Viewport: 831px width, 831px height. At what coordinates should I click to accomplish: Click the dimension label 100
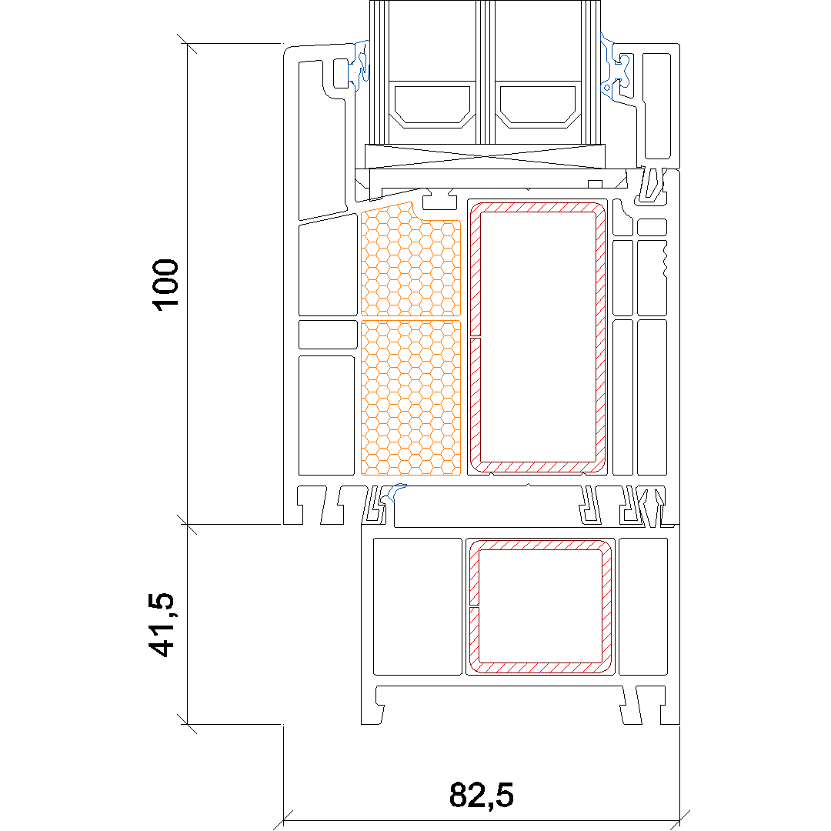(x=165, y=285)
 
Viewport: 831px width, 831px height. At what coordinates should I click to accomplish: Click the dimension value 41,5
(x=161, y=625)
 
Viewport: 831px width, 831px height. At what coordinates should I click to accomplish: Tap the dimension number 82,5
(x=481, y=795)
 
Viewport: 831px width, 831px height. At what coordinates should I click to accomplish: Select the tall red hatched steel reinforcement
(x=538, y=338)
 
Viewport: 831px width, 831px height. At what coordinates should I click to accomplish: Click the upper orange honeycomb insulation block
(x=411, y=260)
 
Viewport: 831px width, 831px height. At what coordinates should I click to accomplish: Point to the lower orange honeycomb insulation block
(x=411, y=398)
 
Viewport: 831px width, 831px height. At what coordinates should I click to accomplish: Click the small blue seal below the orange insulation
(x=396, y=492)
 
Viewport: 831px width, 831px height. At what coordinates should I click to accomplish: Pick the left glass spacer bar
(x=432, y=105)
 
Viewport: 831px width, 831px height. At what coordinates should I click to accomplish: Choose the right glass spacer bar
(x=538, y=105)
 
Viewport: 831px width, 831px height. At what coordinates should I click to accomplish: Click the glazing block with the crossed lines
(x=485, y=156)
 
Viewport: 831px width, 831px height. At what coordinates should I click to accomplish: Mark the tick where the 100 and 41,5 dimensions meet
(x=187, y=524)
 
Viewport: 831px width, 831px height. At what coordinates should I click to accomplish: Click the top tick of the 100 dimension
(x=187, y=43)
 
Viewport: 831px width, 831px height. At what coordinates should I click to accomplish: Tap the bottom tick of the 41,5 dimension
(x=187, y=724)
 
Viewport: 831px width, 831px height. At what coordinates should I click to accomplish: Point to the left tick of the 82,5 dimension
(x=283, y=820)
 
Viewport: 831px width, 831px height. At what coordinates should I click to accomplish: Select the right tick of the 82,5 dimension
(x=679, y=820)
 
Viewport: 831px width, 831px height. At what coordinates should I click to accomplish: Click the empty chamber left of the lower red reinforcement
(x=418, y=607)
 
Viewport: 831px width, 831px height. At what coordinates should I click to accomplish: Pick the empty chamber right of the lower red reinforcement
(x=642, y=607)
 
